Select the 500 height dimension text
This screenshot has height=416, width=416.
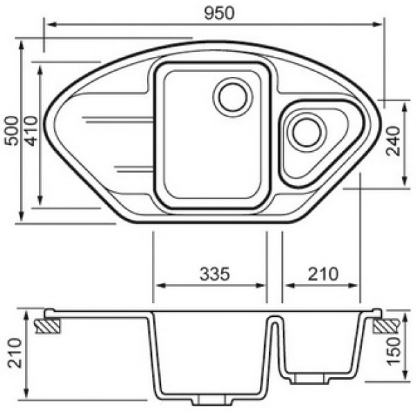10,130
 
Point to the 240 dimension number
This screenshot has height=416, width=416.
395,142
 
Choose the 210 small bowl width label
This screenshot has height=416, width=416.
322,273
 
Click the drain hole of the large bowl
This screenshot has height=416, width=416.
232,96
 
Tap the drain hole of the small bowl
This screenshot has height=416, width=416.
306,131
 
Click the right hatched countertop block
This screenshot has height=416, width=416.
385,325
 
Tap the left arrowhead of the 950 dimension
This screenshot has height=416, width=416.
49,24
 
